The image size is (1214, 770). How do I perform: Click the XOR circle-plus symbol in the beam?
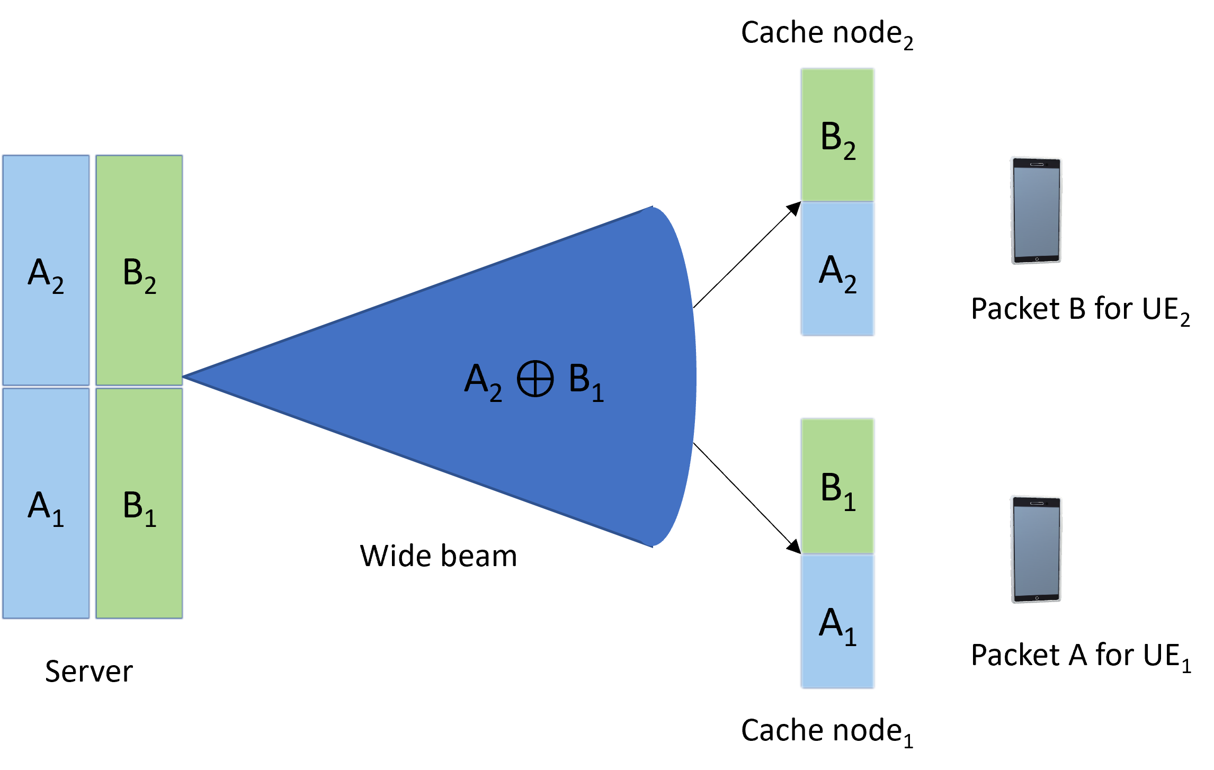pyautogui.click(x=535, y=379)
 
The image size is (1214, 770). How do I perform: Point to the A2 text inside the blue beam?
pyautogui.click(x=483, y=381)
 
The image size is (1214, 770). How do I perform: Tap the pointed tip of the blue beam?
pyautogui.click(x=186, y=377)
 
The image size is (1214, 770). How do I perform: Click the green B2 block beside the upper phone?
pyautogui.click(x=837, y=135)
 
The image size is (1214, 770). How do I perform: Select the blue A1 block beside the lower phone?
pyautogui.click(x=837, y=622)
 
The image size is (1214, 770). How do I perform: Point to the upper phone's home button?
pyautogui.click(x=1037, y=259)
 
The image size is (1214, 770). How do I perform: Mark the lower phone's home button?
pyautogui.click(x=1037, y=598)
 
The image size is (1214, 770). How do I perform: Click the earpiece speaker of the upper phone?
pyautogui.click(x=1037, y=164)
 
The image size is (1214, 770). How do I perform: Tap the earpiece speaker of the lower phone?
pyautogui.click(x=1037, y=503)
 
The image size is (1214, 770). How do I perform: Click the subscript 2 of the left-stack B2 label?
pyautogui.click(x=150, y=286)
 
